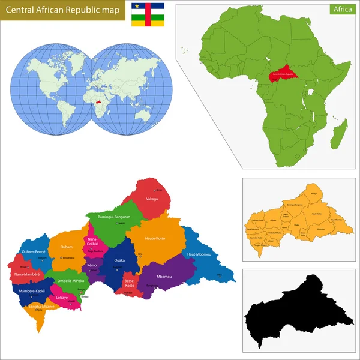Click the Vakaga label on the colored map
(151, 199)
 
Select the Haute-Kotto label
(155, 238)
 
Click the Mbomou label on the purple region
(164, 277)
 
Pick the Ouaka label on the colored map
(119, 260)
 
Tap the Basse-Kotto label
(130, 283)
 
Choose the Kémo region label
(92, 265)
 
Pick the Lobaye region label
(62, 297)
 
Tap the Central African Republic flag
(148, 14)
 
